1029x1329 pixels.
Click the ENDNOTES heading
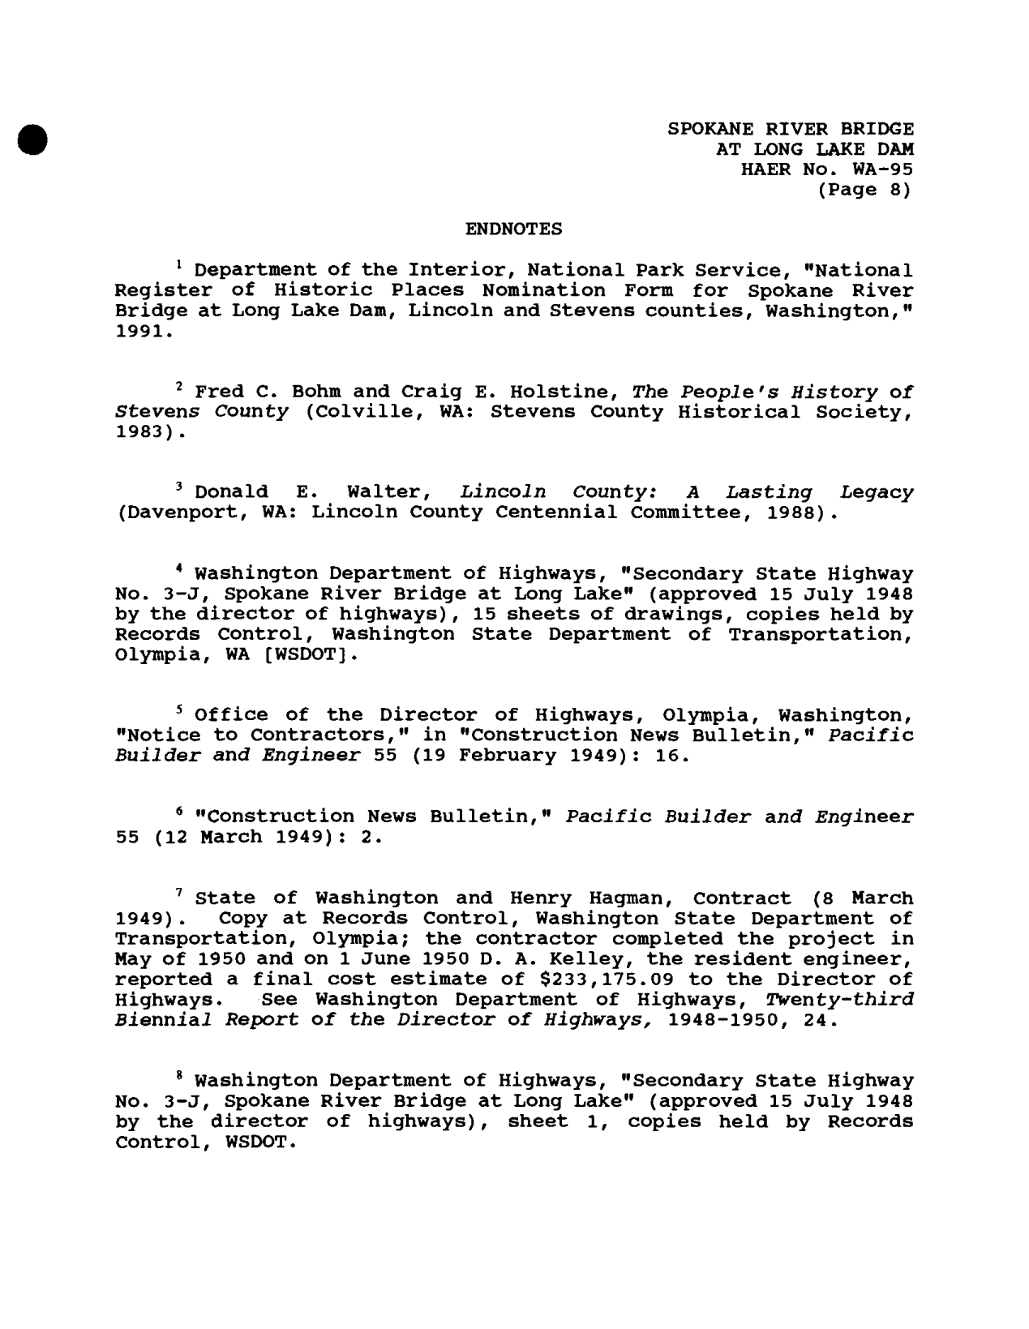click(x=513, y=229)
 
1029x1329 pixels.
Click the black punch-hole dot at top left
click(x=32, y=135)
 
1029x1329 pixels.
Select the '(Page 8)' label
click(x=864, y=190)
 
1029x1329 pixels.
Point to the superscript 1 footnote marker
click(x=178, y=264)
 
